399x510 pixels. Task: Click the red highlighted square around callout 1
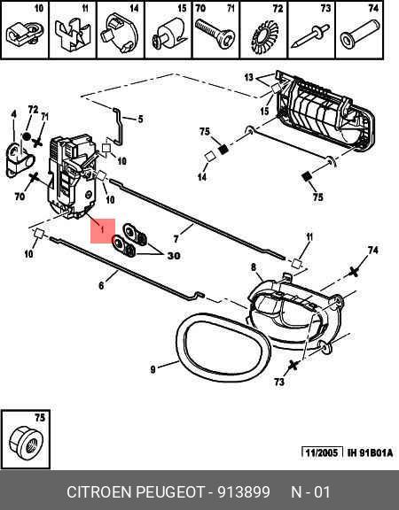pyautogui.click(x=103, y=231)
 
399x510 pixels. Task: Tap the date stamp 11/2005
pyautogui.click(x=322, y=452)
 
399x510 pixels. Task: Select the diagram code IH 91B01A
pyautogui.click(x=371, y=452)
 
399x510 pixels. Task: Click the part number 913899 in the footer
pyautogui.click(x=244, y=491)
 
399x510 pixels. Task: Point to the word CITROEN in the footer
pyautogui.click(x=99, y=491)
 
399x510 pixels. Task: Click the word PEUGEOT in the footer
pyautogui.click(x=170, y=491)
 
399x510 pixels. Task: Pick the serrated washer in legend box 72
pyautogui.click(x=264, y=37)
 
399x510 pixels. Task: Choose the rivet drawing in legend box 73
pyautogui.click(x=310, y=36)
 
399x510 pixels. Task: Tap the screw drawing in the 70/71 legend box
pyautogui.click(x=215, y=34)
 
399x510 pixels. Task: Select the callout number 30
pyautogui.click(x=174, y=256)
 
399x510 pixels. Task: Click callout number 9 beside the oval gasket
pyautogui.click(x=153, y=369)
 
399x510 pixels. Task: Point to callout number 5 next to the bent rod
pyautogui.click(x=140, y=119)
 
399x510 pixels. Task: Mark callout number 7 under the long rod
pyautogui.click(x=176, y=239)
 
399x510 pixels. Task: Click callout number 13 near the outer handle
pyautogui.click(x=249, y=77)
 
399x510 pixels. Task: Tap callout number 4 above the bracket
pyautogui.click(x=13, y=114)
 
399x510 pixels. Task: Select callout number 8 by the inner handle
pyautogui.click(x=254, y=267)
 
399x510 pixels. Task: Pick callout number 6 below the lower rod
pyautogui.click(x=101, y=286)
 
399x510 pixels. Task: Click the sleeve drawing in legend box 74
pyautogui.click(x=360, y=34)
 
